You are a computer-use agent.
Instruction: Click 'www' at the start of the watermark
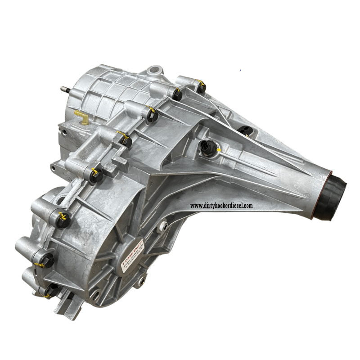[x=197, y=206]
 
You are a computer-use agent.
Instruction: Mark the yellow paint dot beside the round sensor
[x=218, y=149]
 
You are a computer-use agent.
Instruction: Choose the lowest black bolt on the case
[x=52, y=290]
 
